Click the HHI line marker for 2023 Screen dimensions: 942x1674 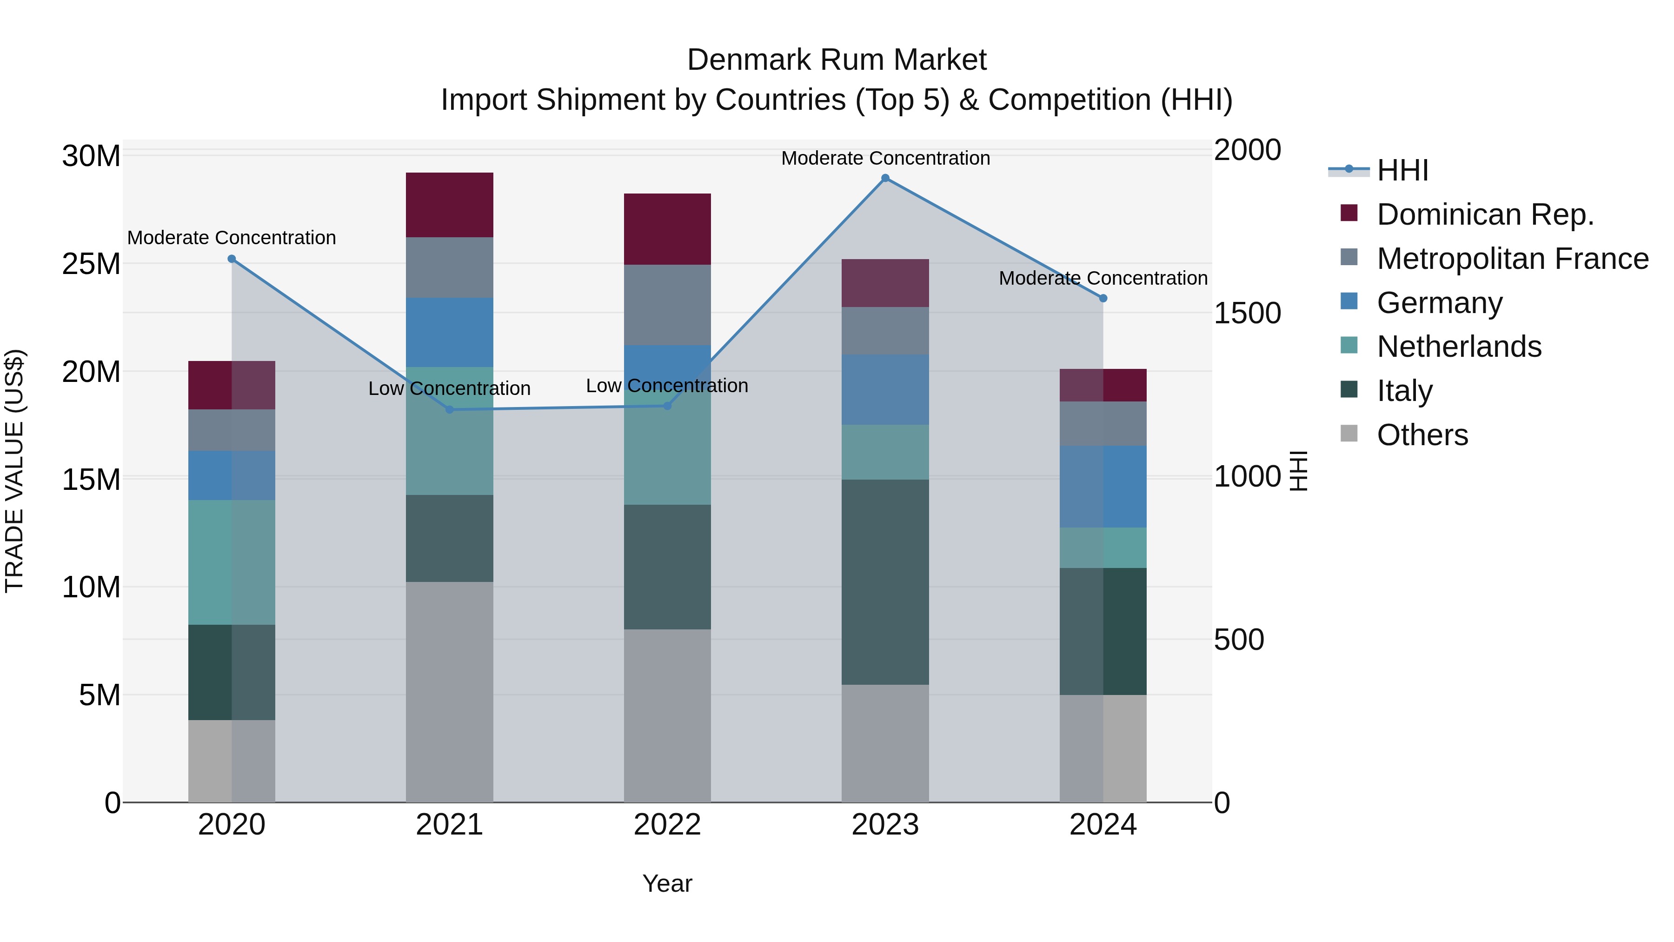(x=885, y=178)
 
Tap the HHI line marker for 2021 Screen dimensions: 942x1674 (x=450, y=409)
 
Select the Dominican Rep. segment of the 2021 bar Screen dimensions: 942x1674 (x=450, y=205)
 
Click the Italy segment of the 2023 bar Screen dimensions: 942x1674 (x=885, y=582)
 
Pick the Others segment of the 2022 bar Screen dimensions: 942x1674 (x=667, y=715)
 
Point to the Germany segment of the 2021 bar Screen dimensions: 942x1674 (x=450, y=332)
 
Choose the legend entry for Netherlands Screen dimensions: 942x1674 (x=1458, y=347)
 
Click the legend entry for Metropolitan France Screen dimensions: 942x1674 (x=1512, y=259)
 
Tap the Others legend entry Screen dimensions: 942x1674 (x=1422, y=435)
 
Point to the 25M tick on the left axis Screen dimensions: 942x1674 (x=91, y=264)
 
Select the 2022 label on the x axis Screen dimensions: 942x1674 (x=667, y=825)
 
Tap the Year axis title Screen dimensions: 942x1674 (x=667, y=883)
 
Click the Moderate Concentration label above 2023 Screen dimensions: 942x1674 (x=885, y=158)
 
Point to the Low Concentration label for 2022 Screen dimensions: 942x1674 (x=667, y=386)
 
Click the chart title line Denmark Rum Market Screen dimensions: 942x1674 (x=837, y=60)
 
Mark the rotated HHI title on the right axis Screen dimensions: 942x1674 (x=1298, y=471)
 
